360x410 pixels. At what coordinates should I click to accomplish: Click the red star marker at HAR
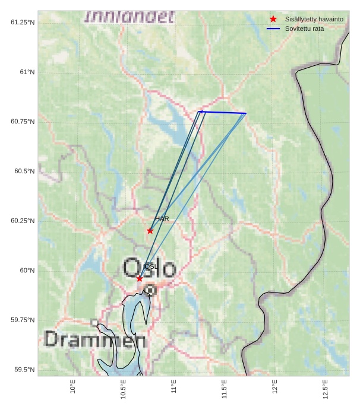[x=150, y=231]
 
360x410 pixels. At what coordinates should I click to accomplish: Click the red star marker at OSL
[x=140, y=278]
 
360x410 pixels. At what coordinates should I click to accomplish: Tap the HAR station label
[x=162, y=219]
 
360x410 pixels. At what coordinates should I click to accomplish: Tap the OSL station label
[x=151, y=267]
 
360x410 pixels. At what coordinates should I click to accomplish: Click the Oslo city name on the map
[x=150, y=268]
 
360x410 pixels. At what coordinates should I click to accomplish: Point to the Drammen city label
[x=95, y=340]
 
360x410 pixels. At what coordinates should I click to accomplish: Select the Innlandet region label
[x=130, y=17]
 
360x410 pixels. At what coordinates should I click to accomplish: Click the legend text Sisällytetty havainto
[x=314, y=20]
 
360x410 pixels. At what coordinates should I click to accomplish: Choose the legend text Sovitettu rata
[x=304, y=28]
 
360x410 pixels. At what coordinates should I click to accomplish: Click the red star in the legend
[x=273, y=20]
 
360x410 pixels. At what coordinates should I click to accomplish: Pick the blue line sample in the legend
[x=273, y=28]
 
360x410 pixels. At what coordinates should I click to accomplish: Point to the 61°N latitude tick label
[x=23, y=72]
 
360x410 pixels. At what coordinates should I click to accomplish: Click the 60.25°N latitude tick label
[x=23, y=221]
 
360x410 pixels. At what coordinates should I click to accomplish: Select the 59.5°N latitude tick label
[x=23, y=370]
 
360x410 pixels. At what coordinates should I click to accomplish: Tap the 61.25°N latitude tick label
[x=23, y=23]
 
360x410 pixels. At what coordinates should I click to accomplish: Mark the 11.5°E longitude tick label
[x=224, y=389]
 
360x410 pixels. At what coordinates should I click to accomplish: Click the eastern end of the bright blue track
[x=246, y=113]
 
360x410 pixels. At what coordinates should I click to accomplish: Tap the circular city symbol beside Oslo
[x=150, y=290]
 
